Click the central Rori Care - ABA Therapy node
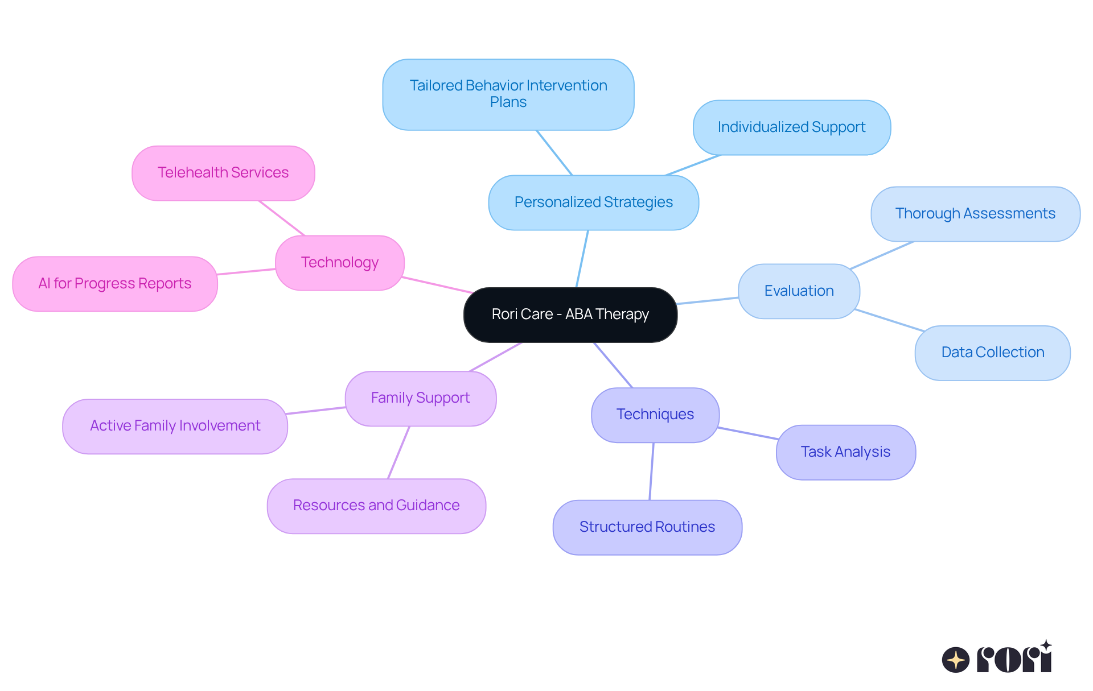tap(570, 315)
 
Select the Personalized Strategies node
tap(593, 202)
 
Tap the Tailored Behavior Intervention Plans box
tap(508, 94)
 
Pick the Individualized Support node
tap(791, 127)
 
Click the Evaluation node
tap(799, 291)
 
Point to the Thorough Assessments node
tap(975, 214)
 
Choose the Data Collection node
tap(992, 353)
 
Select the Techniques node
tap(655, 415)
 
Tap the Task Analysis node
tap(845, 452)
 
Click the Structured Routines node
tap(647, 527)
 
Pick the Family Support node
tap(420, 398)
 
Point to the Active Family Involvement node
tap(175, 426)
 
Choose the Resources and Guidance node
tap(376, 506)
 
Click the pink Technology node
tap(339, 263)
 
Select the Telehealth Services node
tap(223, 173)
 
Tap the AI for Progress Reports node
tap(114, 284)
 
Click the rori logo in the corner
tap(997, 658)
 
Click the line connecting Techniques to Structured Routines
tap(652, 471)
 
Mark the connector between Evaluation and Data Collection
tap(889, 320)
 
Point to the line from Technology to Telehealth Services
tap(282, 218)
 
